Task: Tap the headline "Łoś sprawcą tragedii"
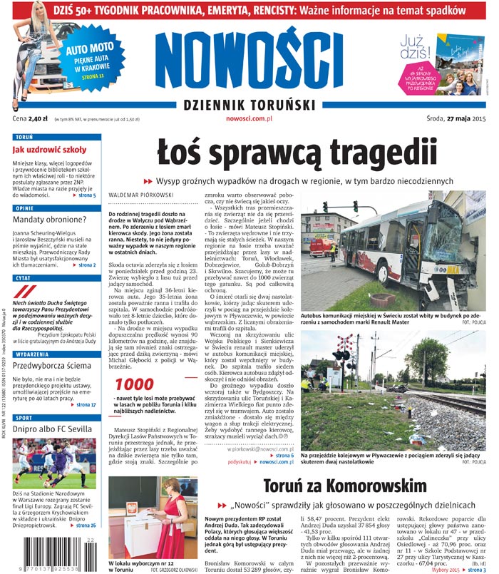(x=297, y=153)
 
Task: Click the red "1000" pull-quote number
(x=135, y=384)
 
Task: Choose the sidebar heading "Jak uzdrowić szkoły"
(x=48, y=150)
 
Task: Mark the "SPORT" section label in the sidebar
(x=24, y=418)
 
